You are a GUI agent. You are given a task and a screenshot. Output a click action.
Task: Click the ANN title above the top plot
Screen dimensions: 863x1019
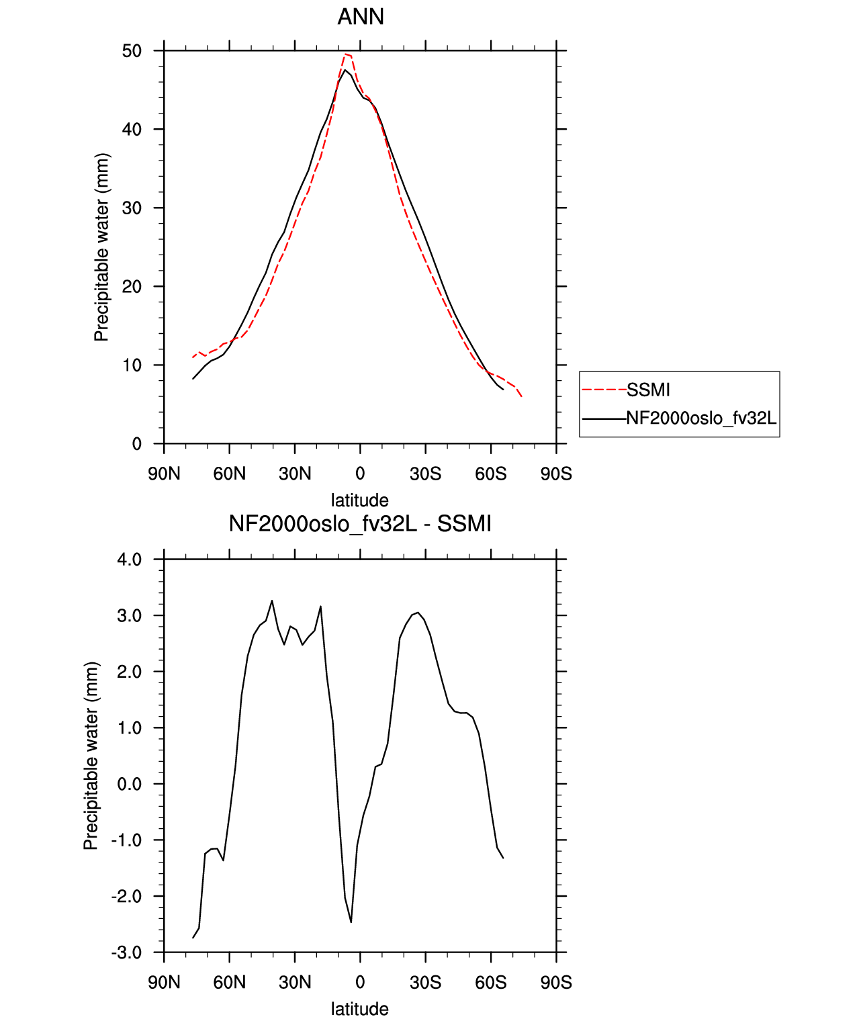[x=360, y=17]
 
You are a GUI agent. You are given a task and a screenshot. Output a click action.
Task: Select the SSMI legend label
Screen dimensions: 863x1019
[x=647, y=390]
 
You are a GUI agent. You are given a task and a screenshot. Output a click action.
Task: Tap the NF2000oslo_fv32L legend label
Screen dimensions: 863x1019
[x=701, y=418]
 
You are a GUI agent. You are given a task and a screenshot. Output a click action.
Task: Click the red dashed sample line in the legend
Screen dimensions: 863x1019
[x=604, y=390]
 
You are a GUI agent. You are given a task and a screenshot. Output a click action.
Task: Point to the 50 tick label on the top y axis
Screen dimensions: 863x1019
[x=132, y=51]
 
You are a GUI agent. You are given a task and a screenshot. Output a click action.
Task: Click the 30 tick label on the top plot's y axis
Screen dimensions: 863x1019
[x=132, y=208]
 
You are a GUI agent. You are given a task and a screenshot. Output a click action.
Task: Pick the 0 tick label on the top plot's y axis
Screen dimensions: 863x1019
[x=136, y=444]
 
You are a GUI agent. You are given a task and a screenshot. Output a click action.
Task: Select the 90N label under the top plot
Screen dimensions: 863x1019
[x=164, y=474]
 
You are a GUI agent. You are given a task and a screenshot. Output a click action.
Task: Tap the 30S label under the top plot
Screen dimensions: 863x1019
[x=425, y=474]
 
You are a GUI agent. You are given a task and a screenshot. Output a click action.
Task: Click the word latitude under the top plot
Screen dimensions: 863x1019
[x=360, y=500]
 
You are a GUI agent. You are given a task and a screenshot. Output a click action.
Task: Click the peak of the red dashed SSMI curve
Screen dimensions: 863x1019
[x=345, y=54]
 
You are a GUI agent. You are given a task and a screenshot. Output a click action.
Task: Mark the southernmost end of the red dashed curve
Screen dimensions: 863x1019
[x=521, y=396]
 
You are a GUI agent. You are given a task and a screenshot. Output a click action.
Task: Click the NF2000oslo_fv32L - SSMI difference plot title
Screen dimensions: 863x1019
[x=360, y=523]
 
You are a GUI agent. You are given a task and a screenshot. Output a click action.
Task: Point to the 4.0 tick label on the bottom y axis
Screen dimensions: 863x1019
[x=129, y=560]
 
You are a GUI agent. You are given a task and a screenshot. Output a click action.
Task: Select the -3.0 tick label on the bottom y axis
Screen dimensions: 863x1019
[x=126, y=952]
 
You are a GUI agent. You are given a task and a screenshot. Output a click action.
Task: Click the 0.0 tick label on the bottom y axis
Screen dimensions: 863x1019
[x=129, y=784]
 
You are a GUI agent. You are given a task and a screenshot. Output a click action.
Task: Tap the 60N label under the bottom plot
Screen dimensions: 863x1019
[x=229, y=983]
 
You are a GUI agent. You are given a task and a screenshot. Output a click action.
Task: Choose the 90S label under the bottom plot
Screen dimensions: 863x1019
[x=556, y=983]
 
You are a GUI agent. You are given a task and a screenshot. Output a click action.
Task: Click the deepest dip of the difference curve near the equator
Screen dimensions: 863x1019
[x=351, y=922]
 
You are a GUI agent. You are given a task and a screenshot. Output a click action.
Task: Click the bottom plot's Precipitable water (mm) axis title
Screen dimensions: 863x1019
[x=91, y=756]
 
